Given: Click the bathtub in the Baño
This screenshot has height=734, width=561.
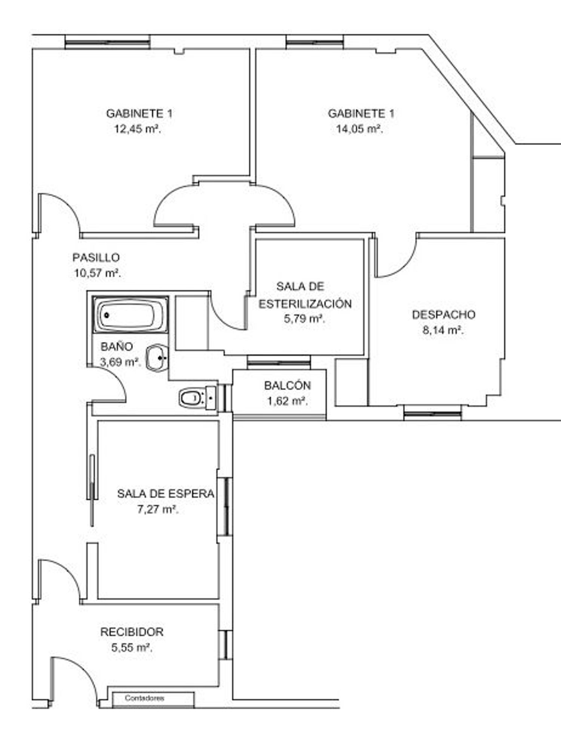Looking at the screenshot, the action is [x=131, y=315].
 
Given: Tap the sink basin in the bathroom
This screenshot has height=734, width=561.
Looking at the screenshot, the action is [x=157, y=358].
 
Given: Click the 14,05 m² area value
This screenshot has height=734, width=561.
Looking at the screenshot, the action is [x=359, y=129].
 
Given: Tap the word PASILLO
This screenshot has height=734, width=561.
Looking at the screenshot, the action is [x=96, y=257].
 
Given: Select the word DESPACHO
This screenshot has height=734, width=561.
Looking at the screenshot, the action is [x=444, y=315].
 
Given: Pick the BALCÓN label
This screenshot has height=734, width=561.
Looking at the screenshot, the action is [x=287, y=385].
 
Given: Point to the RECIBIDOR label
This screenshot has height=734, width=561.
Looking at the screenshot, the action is [x=132, y=632].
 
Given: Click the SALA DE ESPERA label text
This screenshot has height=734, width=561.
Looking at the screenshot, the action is [x=166, y=494].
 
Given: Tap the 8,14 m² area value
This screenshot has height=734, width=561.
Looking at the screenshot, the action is [x=443, y=330].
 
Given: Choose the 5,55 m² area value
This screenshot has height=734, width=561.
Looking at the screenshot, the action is [x=132, y=647].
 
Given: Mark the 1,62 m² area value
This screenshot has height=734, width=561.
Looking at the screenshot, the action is [x=287, y=401].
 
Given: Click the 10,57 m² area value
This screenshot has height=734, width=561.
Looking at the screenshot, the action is [x=97, y=273].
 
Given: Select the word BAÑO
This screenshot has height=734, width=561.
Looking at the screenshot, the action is [x=117, y=346].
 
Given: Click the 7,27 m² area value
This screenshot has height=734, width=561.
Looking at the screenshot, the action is [x=158, y=509].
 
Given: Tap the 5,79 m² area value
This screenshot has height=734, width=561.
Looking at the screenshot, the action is [x=304, y=319].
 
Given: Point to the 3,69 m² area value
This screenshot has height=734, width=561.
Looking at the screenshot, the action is [x=120, y=362].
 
